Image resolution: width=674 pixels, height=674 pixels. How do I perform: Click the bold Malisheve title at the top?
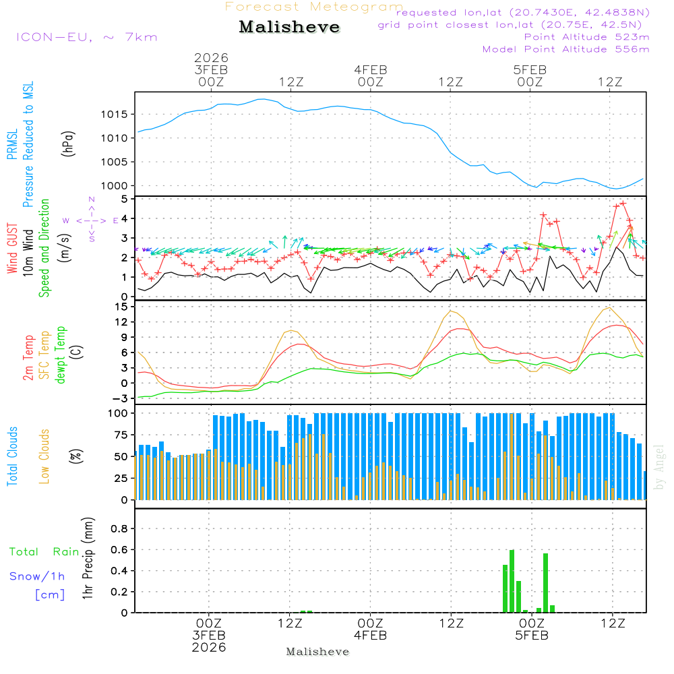pyautogui.click(x=289, y=27)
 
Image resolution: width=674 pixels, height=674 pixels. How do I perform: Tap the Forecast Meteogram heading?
pyautogui.click(x=314, y=7)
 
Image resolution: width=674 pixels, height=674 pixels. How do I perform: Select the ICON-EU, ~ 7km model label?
pyautogui.click(x=86, y=37)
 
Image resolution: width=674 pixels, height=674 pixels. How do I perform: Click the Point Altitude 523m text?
pyautogui.click(x=586, y=37)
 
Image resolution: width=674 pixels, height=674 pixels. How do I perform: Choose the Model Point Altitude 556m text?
pyautogui.click(x=566, y=49)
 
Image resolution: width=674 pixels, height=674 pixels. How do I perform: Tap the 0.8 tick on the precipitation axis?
pyautogui.click(x=119, y=529)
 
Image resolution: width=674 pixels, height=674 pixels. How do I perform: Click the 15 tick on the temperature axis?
pyautogui.click(x=122, y=307)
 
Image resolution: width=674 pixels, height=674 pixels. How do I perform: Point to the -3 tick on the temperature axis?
pyautogui.click(x=121, y=398)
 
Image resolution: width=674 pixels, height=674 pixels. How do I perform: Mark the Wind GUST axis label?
pyautogui.click(x=13, y=250)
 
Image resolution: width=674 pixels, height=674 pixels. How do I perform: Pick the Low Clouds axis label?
pyautogui.click(x=45, y=456)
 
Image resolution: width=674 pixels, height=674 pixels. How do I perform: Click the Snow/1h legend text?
pyautogui.click(x=37, y=576)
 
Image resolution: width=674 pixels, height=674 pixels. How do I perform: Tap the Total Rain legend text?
pyautogui.click(x=44, y=551)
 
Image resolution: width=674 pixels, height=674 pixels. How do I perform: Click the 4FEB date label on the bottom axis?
pyautogui.click(x=370, y=636)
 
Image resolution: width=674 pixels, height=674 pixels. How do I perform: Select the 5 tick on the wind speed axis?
pyautogui.click(x=125, y=200)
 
